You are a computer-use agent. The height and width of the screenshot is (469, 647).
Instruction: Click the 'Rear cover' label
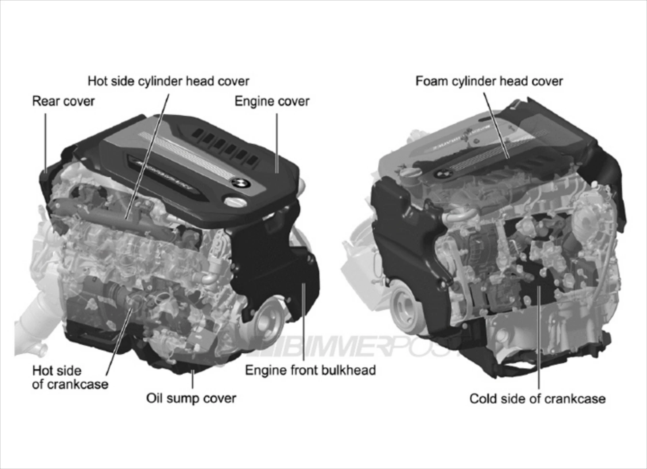pyautogui.click(x=63, y=101)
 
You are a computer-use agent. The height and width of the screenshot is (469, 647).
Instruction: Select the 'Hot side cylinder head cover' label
pyautogui.click(x=168, y=81)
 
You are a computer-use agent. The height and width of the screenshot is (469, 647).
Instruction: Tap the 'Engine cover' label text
pyautogui.click(x=272, y=101)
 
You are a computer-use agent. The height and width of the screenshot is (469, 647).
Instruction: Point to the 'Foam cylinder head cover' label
pyautogui.click(x=489, y=81)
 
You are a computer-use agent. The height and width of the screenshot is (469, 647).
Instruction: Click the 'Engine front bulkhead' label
pyautogui.click(x=310, y=370)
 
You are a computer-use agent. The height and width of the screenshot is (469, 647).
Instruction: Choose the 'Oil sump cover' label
pyautogui.click(x=191, y=398)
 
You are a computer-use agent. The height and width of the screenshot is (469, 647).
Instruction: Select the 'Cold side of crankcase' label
pyautogui.click(x=537, y=399)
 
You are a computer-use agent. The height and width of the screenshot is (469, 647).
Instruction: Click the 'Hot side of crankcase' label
pyautogui.click(x=70, y=377)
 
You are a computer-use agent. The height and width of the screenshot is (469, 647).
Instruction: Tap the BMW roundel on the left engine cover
pyautogui.click(x=241, y=183)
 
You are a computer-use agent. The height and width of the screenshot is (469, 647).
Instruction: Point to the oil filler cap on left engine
pyautogui.click(x=235, y=202)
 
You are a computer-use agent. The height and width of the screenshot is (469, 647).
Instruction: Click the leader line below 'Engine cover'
pyautogui.click(x=277, y=143)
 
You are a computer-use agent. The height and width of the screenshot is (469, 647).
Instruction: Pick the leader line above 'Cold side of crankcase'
pyautogui.click(x=539, y=338)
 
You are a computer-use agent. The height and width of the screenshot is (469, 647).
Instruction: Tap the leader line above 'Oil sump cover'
pyautogui.click(x=193, y=379)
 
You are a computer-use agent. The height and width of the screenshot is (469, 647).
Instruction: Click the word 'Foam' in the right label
pyautogui.click(x=432, y=81)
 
